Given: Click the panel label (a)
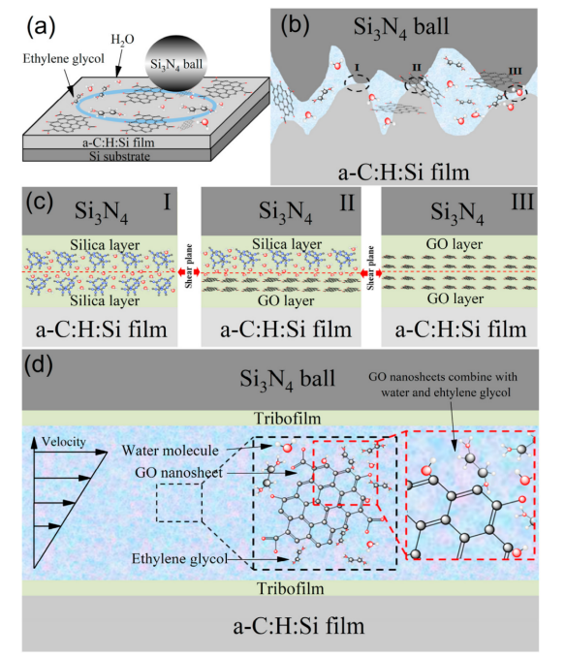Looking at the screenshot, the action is click(41, 27).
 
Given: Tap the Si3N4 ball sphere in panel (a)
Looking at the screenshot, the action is click(176, 63).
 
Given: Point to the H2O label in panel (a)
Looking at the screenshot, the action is click(122, 40).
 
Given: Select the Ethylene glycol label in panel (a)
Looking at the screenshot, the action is click(63, 58).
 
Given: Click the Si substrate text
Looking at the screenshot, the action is click(119, 156).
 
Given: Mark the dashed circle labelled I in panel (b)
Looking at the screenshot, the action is click(357, 82).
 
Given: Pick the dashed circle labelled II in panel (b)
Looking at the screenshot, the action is click(417, 84).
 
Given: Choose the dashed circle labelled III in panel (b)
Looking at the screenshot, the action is click(516, 91).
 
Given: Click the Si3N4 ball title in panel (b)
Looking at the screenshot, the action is click(401, 27).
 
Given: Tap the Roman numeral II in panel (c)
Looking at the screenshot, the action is click(347, 203).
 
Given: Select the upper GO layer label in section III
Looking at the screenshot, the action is click(455, 244).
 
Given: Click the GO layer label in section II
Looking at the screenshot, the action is click(286, 300).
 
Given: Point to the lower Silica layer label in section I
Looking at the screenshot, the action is click(105, 300).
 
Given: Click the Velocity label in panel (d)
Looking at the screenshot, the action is click(64, 442).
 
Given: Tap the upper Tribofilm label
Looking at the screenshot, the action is click(288, 419).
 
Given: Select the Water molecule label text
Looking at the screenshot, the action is click(170, 451).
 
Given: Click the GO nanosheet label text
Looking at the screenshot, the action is click(179, 473).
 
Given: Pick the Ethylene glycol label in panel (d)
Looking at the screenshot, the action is click(179, 559).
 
